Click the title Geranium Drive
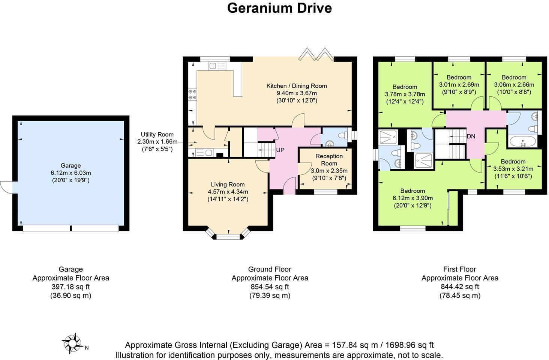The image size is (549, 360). (279, 8)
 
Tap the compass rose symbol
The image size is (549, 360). (72, 343)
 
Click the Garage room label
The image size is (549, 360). (70, 165)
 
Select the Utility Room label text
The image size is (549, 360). (157, 134)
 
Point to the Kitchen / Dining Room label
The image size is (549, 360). (297, 86)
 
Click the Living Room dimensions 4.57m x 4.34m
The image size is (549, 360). (228, 192)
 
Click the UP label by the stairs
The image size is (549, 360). (280, 150)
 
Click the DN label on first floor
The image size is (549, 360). (471, 136)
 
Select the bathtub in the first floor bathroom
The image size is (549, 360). (523, 142)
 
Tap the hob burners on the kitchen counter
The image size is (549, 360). (192, 94)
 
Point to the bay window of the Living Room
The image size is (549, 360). (228, 236)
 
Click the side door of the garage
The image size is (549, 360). (7, 187)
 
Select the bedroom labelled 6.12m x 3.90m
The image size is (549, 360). (412, 198)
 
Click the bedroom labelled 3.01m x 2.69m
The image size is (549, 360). (459, 84)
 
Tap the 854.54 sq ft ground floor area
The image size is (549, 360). (270, 287)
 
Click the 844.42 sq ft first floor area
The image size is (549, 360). (460, 287)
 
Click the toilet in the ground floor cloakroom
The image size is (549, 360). (342, 135)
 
